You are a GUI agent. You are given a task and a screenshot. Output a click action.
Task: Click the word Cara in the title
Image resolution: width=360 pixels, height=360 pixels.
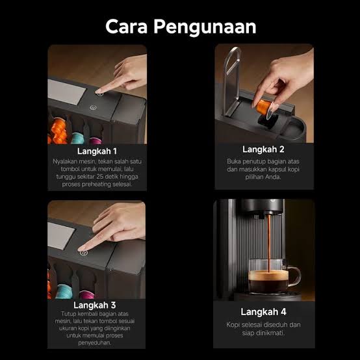coord(126,27)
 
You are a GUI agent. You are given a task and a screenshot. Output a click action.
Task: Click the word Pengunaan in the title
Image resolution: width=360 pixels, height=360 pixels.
coord(205,27)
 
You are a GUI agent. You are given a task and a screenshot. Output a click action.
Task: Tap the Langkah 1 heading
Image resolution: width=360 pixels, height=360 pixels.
coord(97,151)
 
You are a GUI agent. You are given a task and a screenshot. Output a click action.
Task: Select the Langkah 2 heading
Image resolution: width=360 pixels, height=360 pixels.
coord(263,149)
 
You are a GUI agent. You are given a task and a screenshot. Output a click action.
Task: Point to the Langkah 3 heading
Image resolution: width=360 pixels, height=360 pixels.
coord(95,305)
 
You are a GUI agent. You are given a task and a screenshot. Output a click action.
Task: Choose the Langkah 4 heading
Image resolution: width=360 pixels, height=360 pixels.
coord(263,312)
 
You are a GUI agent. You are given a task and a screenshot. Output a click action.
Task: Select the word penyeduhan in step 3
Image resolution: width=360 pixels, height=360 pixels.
coord(95,343)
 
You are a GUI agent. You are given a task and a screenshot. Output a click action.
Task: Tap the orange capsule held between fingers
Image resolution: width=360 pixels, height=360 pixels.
coord(263,107)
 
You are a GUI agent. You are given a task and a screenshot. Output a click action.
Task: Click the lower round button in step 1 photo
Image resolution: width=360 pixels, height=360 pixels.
coord(93,107)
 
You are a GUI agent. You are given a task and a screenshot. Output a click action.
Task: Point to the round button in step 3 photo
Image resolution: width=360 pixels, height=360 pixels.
coord(84,253)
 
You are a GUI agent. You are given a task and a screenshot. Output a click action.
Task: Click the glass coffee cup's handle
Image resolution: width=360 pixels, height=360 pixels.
coord(295,276)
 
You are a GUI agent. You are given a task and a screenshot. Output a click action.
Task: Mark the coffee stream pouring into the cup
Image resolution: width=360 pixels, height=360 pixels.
coord(268,243)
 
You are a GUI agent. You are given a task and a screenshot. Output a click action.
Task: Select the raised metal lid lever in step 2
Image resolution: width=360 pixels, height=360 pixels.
coord(232,81)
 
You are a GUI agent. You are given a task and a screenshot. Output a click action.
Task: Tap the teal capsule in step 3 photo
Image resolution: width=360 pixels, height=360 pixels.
coord(64,291)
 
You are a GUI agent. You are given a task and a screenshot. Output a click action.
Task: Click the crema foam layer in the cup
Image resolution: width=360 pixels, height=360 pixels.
coord(268,276)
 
